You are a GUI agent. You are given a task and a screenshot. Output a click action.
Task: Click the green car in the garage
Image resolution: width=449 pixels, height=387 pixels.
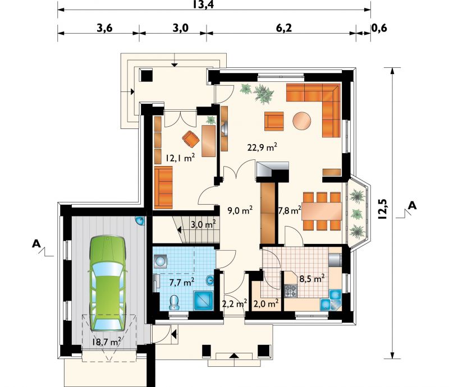click(108, 283)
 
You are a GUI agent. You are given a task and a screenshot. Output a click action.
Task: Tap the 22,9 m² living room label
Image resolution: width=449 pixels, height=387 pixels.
click(262, 148)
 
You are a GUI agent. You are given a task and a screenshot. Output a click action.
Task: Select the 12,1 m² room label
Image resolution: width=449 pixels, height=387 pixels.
click(180, 158)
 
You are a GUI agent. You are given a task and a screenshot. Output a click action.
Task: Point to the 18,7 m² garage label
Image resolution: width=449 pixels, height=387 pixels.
click(106, 342)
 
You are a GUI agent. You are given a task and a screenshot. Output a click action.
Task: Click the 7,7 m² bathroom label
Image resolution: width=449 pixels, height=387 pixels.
click(182, 282)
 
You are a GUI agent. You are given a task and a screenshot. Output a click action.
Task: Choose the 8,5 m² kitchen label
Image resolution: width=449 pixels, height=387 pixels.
click(312, 278)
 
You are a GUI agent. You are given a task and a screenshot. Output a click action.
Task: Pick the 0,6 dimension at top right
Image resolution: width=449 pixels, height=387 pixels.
click(379, 28)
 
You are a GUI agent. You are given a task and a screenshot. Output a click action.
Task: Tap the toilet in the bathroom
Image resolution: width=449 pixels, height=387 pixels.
click(174, 302)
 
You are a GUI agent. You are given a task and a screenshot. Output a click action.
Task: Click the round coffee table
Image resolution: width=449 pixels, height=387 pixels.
click(302, 121)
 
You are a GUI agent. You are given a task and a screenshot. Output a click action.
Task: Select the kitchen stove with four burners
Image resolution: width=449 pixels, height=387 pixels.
click(290, 291)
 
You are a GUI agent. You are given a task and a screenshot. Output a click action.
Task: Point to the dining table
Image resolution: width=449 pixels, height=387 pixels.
click(322, 211)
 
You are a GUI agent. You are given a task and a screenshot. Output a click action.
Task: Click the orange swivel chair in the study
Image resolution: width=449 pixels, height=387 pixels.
click(191, 139)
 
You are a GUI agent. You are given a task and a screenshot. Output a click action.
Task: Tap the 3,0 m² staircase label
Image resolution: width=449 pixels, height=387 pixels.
click(203, 224)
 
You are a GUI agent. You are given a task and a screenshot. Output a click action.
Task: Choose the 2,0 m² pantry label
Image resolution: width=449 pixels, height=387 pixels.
click(266, 303)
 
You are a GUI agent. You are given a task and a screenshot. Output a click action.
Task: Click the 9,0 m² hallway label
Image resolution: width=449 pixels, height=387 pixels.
click(240, 210)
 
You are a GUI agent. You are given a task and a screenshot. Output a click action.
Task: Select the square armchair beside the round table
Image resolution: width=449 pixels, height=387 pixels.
click(274, 121)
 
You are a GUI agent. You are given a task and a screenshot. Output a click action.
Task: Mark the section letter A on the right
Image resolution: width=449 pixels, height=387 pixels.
click(413, 205)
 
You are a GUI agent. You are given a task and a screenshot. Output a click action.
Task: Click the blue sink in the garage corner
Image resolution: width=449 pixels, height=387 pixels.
click(140, 220)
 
